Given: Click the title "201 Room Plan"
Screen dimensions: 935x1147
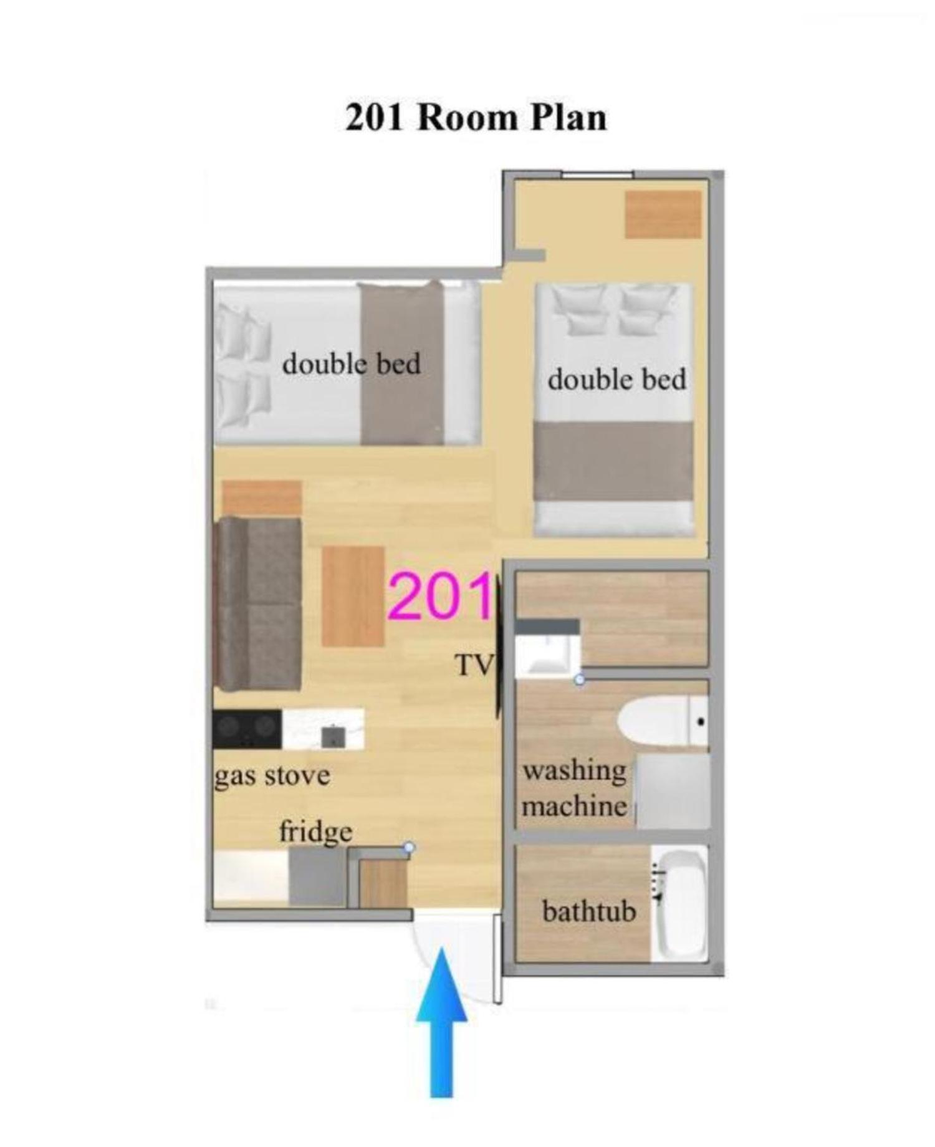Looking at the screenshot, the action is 476,118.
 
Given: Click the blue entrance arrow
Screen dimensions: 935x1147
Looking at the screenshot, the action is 441,1022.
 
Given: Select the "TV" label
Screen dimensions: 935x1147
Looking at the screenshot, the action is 474,665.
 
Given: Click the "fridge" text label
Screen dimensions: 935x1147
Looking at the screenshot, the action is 315,832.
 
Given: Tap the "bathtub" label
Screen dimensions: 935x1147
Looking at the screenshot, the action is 589,912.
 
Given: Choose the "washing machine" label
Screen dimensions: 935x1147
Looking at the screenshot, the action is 575,789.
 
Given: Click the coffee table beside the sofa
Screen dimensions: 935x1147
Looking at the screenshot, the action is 353,596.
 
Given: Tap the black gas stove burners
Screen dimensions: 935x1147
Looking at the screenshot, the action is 247,729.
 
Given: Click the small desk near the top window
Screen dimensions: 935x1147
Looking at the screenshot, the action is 663,214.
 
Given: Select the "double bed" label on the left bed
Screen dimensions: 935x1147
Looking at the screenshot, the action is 352,364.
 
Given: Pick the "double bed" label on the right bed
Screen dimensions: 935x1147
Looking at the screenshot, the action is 617,380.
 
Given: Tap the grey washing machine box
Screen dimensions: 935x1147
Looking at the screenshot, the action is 673,791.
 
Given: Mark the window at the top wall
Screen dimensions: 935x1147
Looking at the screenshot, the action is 598,175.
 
